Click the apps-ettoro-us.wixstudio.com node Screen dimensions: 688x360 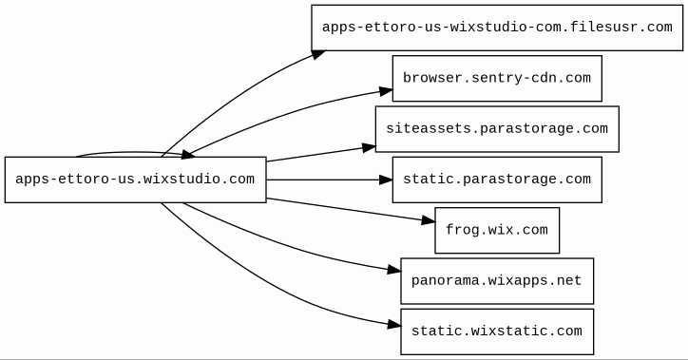(x=136, y=180)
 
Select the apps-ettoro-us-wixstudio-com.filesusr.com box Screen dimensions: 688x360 (x=497, y=28)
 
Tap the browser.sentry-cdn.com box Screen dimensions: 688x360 (x=497, y=79)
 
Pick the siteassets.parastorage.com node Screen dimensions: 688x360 (x=497, y=129)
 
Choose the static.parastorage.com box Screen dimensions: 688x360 (x=497, y=180)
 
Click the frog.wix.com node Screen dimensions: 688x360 (x=497, y=230)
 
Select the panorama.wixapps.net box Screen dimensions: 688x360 (x=497, y=281)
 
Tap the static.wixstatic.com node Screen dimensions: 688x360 (x=497, y=332)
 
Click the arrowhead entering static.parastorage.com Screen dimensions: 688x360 (x=386, y=180)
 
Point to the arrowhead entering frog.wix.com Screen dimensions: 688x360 (x=429, y=220)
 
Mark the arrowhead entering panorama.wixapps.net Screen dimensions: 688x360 (x=394, y=270)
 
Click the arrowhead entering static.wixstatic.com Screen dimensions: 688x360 (x=394, y=325)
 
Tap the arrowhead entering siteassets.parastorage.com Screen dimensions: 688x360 (x=370, y=147)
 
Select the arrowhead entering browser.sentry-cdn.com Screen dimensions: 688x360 (x=386, y=91)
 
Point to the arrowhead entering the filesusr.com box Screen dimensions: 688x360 (x=317, y=54)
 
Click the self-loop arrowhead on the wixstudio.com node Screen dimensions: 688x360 (x=187, y=154)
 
